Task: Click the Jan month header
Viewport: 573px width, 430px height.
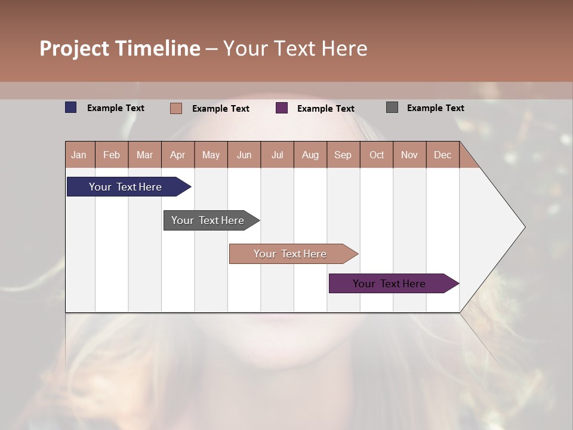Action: click(79, 155)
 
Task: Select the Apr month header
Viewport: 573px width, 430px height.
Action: click(178, 155)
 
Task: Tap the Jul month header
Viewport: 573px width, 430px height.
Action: click(278, 155)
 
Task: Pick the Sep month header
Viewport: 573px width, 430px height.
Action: click(343, 155)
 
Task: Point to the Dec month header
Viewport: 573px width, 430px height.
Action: click(442, 155)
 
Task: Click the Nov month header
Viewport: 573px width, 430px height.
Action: click(409, 155)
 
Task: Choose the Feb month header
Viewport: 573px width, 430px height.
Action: click(112, 155)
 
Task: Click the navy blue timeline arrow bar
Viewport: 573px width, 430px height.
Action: click(125, 187)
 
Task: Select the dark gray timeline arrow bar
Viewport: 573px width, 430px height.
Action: click(208, 220)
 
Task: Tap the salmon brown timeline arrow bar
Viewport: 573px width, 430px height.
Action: click(290, 254)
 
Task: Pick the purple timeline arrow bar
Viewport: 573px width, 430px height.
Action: click(389, 284)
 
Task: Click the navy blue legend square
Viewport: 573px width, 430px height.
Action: click(71, 107)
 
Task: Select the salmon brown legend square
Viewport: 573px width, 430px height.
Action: click(176, 108)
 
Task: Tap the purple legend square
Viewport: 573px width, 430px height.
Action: click(282, 108)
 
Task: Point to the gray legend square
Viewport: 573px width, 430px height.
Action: click(392, 107)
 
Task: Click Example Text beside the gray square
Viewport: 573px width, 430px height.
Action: click(435, 108)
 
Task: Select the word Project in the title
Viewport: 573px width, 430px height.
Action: click(75, 48)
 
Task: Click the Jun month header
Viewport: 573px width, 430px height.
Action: click(244, 155)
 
